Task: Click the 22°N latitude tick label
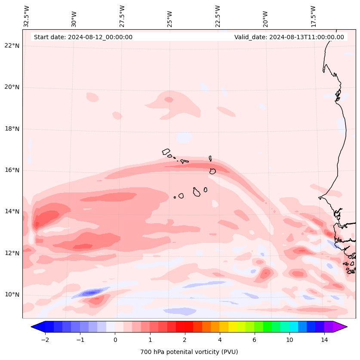pos(12,46)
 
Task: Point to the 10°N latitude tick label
pos(12,295)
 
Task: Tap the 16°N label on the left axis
pos(12,170)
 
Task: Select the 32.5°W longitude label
pos(27,16)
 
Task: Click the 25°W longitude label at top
pos(170,18)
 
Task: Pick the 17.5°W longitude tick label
pos(314,16)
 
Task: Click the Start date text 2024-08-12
pos(83,37)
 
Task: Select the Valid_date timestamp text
pos(289,37)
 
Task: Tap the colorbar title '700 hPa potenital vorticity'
pos(189,352)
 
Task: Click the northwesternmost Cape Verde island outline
pos(166,152)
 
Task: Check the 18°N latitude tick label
pos(12,129)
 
